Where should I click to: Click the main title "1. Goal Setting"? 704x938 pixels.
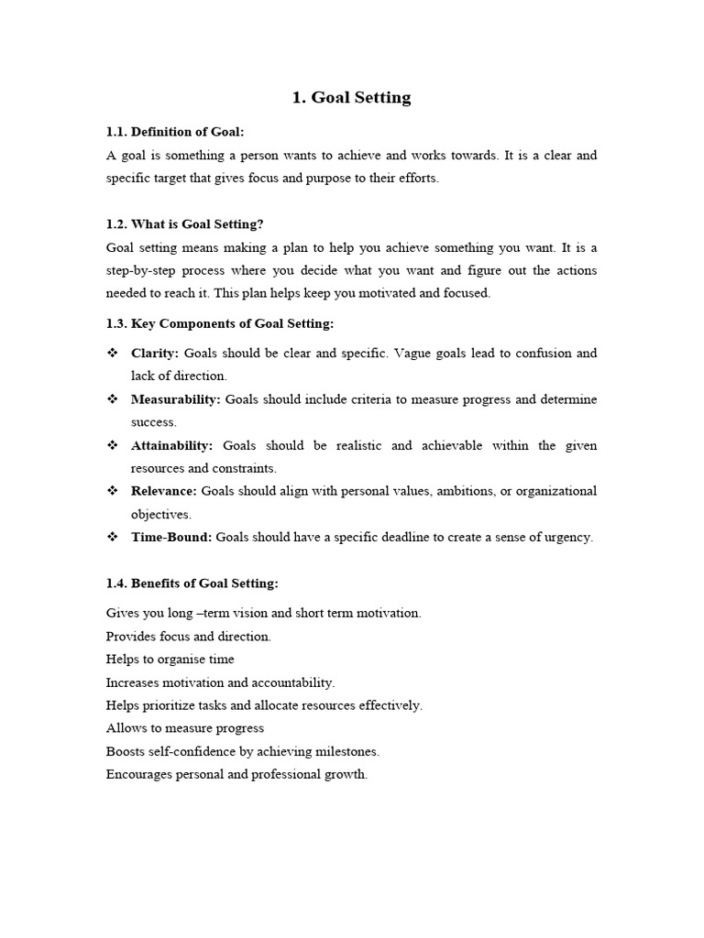pyautogui.click(x=351, y=98)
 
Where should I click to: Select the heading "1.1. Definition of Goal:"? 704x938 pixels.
pyautogui.click(x=175, y=132)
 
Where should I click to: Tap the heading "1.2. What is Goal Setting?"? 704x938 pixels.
pyautogui.click(x=184, y=224)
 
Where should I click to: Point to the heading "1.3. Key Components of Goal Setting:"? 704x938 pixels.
pyautogui.click(x=220, y=323)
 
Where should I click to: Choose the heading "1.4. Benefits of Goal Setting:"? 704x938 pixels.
pyautogui.click(x=192, y=584)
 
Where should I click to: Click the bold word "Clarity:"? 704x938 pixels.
pyautogui.click(x=155, y=354)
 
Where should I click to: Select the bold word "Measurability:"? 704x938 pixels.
pyautogui.click(x=176, y=399)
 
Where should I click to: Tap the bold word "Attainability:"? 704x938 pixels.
pyautogui.click(x=172, y=446)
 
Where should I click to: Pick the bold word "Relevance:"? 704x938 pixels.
pyautogui.click(x=164, y=492)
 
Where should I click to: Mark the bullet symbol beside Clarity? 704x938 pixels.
pyautogui.click(x=113, y=354)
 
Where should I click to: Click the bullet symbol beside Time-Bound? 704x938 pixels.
pyautogui.click(x=113, y=538)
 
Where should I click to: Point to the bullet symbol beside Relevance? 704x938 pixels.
pyautogui.click(x=113, y=492)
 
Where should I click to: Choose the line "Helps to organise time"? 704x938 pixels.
pyautogui.click(x=170, y=660)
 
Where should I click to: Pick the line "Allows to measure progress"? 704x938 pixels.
pyautogui.click(x=185, y=728)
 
